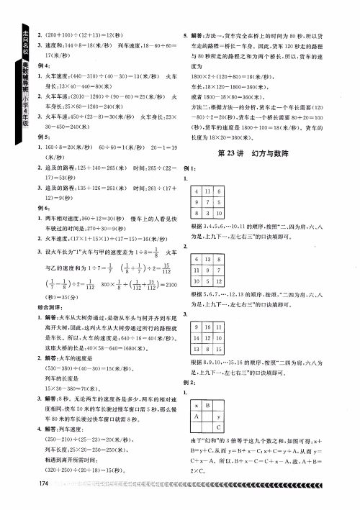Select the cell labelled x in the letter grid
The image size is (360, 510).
tap(194, 407)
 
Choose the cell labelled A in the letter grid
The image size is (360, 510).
tap(194, 418)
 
